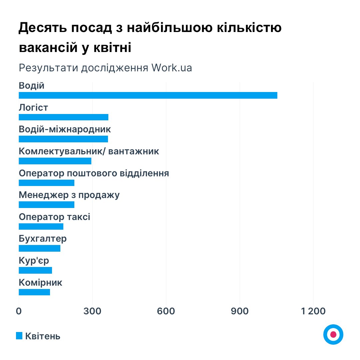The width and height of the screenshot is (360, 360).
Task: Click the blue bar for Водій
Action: pos(148,95)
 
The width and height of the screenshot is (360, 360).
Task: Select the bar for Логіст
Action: pos(63,117)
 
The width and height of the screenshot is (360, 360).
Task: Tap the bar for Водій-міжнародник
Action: pos(63,139)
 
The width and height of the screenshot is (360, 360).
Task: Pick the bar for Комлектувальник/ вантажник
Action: pos(55,161)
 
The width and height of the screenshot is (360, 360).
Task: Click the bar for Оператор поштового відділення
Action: pos(46,183)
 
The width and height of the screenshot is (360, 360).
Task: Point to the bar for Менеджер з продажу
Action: pos(46,205)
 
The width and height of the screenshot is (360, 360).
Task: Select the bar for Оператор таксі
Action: pos(41,227)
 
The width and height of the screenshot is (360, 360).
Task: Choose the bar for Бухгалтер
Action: pos(39,248)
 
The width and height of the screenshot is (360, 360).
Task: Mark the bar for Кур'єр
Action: pos(35,270)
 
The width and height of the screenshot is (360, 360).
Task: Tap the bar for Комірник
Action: pos(34,292)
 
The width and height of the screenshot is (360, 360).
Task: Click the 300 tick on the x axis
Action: pos(92,311)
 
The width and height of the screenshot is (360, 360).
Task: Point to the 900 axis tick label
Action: pos(240,311)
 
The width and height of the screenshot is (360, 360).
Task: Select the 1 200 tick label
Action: pos(313,311)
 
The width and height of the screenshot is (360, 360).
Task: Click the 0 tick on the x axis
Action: pos(19,311)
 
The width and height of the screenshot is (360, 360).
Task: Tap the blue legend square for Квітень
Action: pos(19,336)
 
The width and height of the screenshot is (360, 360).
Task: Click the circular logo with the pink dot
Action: pos(333,334)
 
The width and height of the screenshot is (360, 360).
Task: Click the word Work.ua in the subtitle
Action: pos(172,68)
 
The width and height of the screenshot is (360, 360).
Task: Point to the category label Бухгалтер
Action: pos(43,239)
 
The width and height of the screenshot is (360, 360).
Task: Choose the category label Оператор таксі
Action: pos(54,217)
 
